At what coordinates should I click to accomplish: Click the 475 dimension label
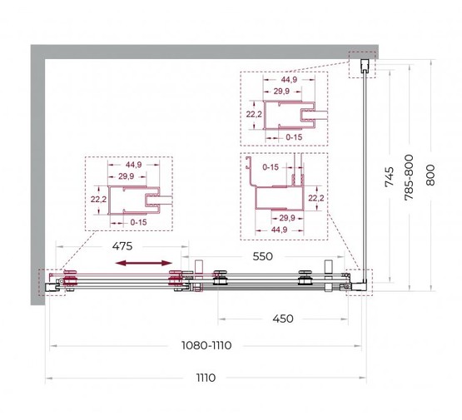122,246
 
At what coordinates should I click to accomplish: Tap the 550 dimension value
263,256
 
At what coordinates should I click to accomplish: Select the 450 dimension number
283,319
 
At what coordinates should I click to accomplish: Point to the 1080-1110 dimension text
206,345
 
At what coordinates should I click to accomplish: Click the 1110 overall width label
206,378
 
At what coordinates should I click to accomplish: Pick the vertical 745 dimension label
390,176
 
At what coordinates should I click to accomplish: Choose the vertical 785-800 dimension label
409,177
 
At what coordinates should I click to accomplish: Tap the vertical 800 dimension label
430,175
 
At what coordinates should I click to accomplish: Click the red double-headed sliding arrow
143,263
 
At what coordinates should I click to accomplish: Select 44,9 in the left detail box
133,165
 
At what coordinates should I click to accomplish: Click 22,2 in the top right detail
254,114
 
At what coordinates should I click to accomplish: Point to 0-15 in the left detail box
138,222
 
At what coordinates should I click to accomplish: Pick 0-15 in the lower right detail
271,167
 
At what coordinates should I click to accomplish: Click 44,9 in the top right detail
289,80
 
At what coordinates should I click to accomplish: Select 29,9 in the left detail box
127,176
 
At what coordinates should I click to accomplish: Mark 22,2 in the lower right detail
316,199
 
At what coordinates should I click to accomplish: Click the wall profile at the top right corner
365,66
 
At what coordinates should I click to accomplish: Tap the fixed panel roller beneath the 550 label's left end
220,277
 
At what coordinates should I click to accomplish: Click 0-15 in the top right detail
294,137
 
